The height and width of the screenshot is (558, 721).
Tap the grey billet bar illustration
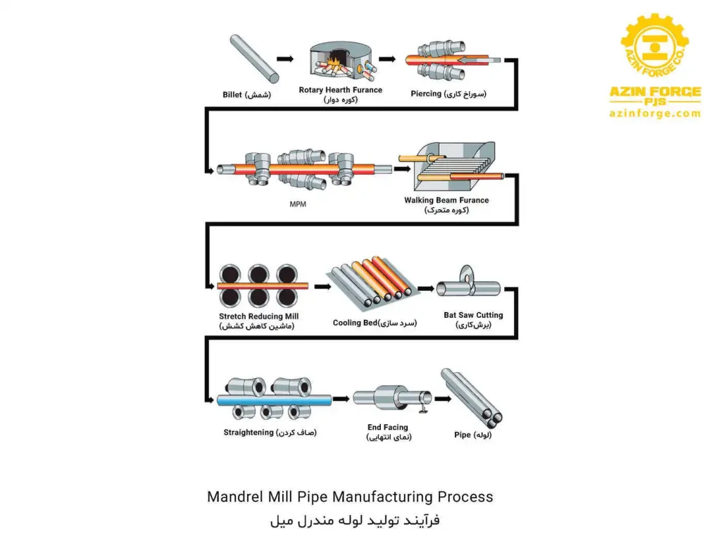click(254, 59)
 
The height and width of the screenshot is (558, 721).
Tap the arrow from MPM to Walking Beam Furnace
click(402, 169)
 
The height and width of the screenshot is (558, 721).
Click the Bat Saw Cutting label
click(473, 315)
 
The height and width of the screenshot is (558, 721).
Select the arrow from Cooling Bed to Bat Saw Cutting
click(425, 288)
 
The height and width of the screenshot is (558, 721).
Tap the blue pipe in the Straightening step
click(275, 399)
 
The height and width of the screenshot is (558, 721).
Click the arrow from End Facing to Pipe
click(442, 399)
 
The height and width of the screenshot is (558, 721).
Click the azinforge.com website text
click(655, 113)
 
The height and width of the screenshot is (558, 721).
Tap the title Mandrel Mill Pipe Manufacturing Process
click(350, 497)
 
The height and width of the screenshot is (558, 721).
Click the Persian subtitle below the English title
click(355, 521)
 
